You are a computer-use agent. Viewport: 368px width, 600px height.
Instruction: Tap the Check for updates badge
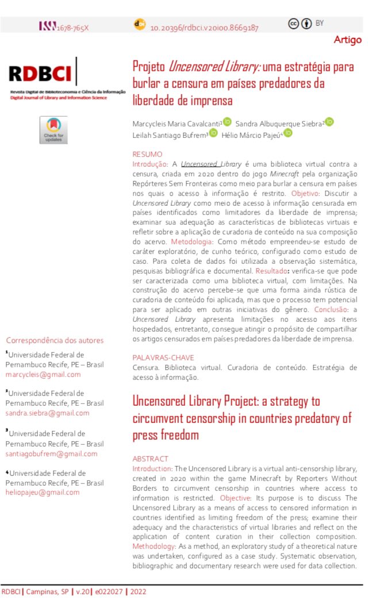tap(53, 130)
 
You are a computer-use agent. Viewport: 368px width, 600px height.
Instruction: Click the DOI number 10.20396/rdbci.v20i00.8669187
tap(204, 27)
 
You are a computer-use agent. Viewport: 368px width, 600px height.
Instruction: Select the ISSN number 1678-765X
tap(72, 27)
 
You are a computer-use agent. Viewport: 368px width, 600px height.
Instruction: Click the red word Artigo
tap(348, 40)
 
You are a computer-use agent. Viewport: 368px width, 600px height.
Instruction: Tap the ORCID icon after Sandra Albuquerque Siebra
tap(329, 122)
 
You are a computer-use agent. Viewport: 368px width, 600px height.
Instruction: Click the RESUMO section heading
tap(147, 154)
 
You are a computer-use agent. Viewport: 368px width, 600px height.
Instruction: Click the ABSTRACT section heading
tap(150, 459)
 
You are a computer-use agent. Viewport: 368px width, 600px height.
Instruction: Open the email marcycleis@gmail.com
tap(43, 375)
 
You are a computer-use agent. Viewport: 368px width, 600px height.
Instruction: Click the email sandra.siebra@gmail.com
tap(47, 413)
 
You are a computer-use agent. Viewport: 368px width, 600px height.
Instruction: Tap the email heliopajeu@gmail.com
tap(43, 492)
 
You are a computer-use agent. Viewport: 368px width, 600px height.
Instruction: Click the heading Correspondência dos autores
tap(55, 340)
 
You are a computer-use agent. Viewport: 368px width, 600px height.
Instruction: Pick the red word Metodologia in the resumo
tap(190, 241)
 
